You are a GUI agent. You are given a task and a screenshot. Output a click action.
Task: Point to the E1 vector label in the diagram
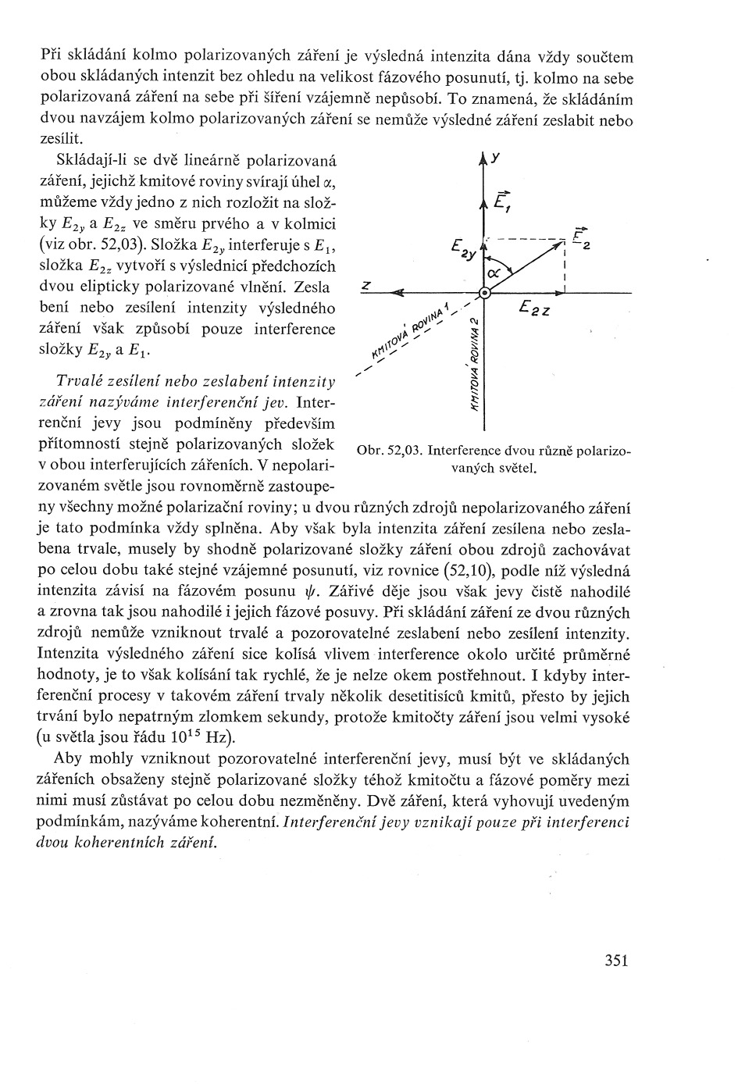tap(503, 201)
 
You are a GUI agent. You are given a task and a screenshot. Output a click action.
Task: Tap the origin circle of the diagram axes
tap(485, 293)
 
